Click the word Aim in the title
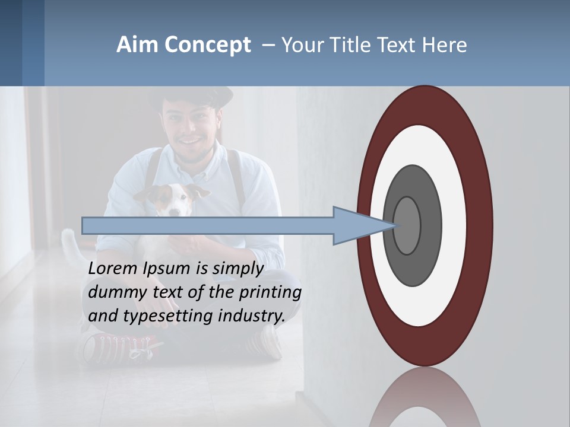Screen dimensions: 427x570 click(137, 45)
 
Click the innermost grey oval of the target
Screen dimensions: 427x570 click(407, 225)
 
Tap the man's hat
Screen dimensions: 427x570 click(190, 96)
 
